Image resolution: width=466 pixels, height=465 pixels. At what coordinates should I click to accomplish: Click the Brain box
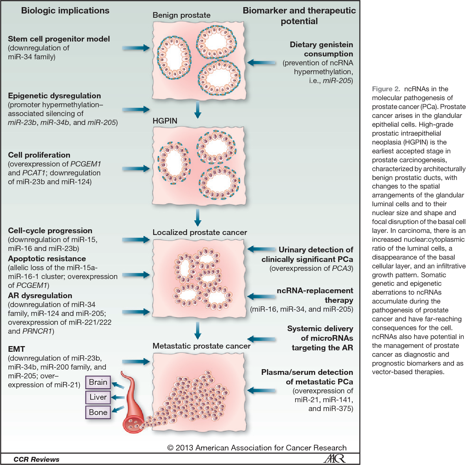click(x=98, y=382)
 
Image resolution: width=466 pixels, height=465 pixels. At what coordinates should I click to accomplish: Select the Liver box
click(x=98, y=397)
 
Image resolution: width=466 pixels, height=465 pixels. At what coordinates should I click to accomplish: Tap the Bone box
click(x=98, y=412)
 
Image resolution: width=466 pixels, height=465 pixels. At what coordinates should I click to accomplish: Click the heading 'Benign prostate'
click(x=181, y=15)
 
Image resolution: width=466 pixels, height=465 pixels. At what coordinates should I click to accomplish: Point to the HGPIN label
click(x=165, y=121)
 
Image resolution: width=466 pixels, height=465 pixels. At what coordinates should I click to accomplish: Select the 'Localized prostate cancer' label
click(x=200, y=232)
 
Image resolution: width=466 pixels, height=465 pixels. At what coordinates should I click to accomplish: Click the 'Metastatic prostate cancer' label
click(x=201, y=346)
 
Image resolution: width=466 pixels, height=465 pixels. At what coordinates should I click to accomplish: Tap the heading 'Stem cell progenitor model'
click(x=59, y=39)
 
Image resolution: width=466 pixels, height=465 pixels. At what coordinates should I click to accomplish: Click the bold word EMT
click(x=16, y=349)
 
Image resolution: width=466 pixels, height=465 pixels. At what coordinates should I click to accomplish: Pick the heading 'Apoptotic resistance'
click(x=47, y=259)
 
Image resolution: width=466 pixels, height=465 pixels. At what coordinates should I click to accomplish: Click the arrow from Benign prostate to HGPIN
click(x=198, y=110)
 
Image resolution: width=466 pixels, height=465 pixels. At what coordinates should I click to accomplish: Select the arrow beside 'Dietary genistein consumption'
click(x=261, y=63)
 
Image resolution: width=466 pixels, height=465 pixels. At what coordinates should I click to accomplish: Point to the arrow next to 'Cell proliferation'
click(x=136, y=169)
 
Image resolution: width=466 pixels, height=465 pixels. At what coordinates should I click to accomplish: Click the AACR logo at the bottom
click(x=334, y=458)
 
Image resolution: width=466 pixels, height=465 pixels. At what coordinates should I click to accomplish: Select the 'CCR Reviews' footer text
click(x=36, y=459)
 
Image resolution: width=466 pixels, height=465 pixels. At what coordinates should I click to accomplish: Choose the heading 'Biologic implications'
click(x=65, y=11)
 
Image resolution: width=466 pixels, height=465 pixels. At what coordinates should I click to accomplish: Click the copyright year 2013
click(x=184, y=448)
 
